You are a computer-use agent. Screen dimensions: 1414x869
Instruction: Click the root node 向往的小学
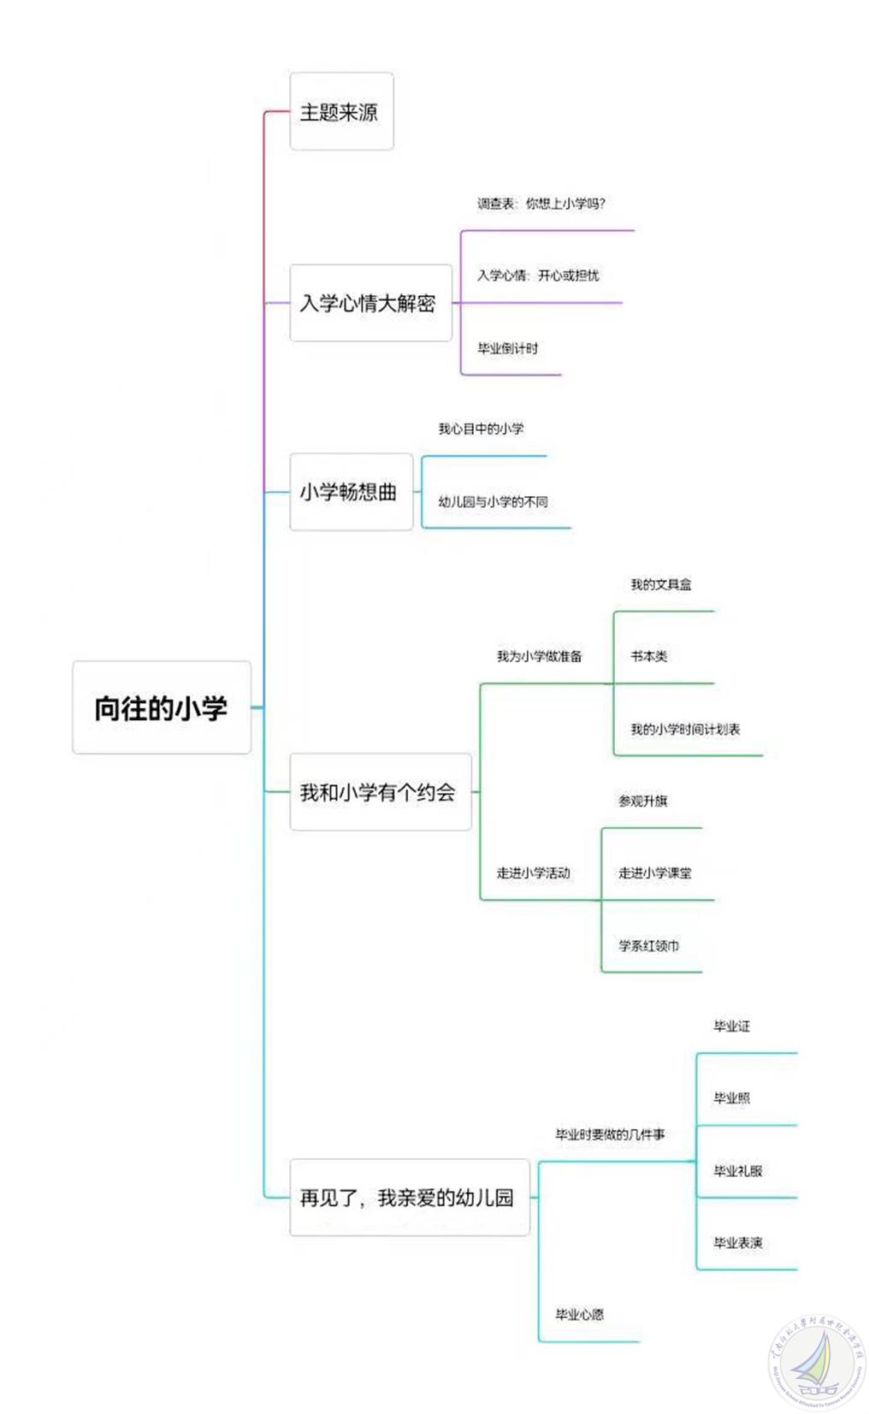point(161,707)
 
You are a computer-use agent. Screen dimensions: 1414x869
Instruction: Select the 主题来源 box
point(340,111)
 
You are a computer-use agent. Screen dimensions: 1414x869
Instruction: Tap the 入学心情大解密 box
point(369,303)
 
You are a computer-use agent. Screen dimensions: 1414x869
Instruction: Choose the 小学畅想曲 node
point(350,492)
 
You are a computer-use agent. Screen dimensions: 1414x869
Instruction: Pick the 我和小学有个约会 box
point(380,792)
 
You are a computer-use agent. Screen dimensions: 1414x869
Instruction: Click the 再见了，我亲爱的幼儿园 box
point(408,1197)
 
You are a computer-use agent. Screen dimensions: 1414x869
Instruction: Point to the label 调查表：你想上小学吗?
point(541,204)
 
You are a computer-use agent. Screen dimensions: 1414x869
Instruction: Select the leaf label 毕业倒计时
point(507,348)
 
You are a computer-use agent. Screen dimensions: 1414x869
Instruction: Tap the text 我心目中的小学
point(481,429)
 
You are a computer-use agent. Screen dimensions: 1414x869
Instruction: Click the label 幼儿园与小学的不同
point(493,501)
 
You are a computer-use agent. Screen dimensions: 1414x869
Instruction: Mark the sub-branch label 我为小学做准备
point(539,656)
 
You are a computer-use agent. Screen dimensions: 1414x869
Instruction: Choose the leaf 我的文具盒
point(660,584)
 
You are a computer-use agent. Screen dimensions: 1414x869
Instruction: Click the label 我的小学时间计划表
point(685,729)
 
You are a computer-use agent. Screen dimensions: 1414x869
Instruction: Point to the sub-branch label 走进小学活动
point(533,873)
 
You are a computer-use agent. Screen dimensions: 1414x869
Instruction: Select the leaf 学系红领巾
point(648,945)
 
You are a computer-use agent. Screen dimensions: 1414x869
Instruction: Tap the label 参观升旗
point(642,801)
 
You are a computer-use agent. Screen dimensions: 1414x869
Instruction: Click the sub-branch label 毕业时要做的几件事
point(610,1134)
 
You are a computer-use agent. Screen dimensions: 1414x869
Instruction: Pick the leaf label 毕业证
point(731,1026)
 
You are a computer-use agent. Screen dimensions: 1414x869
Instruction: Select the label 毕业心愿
point(579,1314)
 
